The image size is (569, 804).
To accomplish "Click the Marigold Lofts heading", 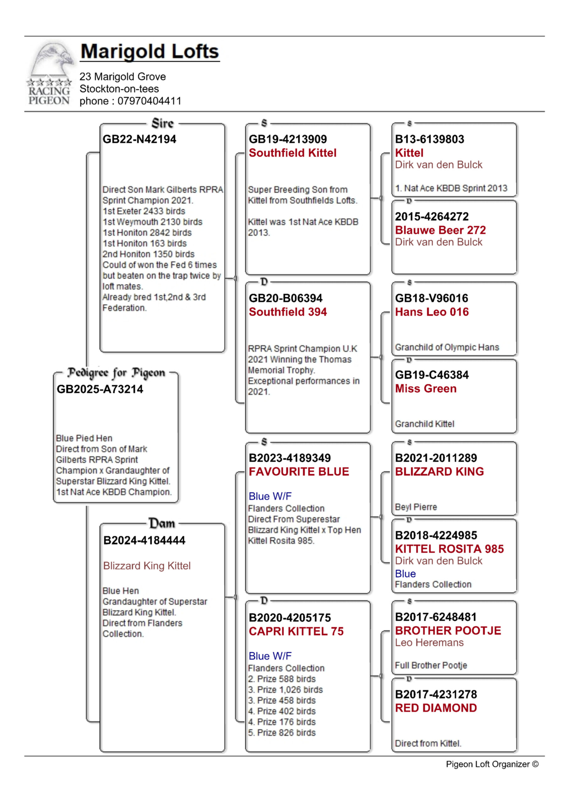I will coord(150,52).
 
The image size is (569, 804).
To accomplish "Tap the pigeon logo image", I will coord(50,73).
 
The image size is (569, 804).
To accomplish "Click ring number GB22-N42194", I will coord(140,139).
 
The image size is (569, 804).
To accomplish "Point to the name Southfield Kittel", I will coord(293,153).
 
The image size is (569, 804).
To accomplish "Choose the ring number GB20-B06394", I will coord(286,298).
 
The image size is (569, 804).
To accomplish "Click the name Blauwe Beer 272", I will coord(440,230).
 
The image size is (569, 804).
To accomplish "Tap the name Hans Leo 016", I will coord(432,312).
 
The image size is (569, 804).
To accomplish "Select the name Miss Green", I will coord(426,389).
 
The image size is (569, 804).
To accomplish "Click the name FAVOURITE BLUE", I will coord(299,472).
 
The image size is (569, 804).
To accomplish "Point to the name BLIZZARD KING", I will coord(439,472).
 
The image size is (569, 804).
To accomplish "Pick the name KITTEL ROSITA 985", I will coord(450,549).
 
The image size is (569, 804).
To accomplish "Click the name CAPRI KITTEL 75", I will coord(296,631).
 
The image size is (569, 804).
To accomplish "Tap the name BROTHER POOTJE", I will coord(448,631).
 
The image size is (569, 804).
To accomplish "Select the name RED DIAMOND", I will coord(436,708).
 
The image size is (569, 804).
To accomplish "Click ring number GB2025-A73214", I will coord(100,389).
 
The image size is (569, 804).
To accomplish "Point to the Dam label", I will coord(162,524).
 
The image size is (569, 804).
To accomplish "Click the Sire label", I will coord(162,124).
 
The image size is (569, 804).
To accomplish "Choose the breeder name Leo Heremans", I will coord(429,643).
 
